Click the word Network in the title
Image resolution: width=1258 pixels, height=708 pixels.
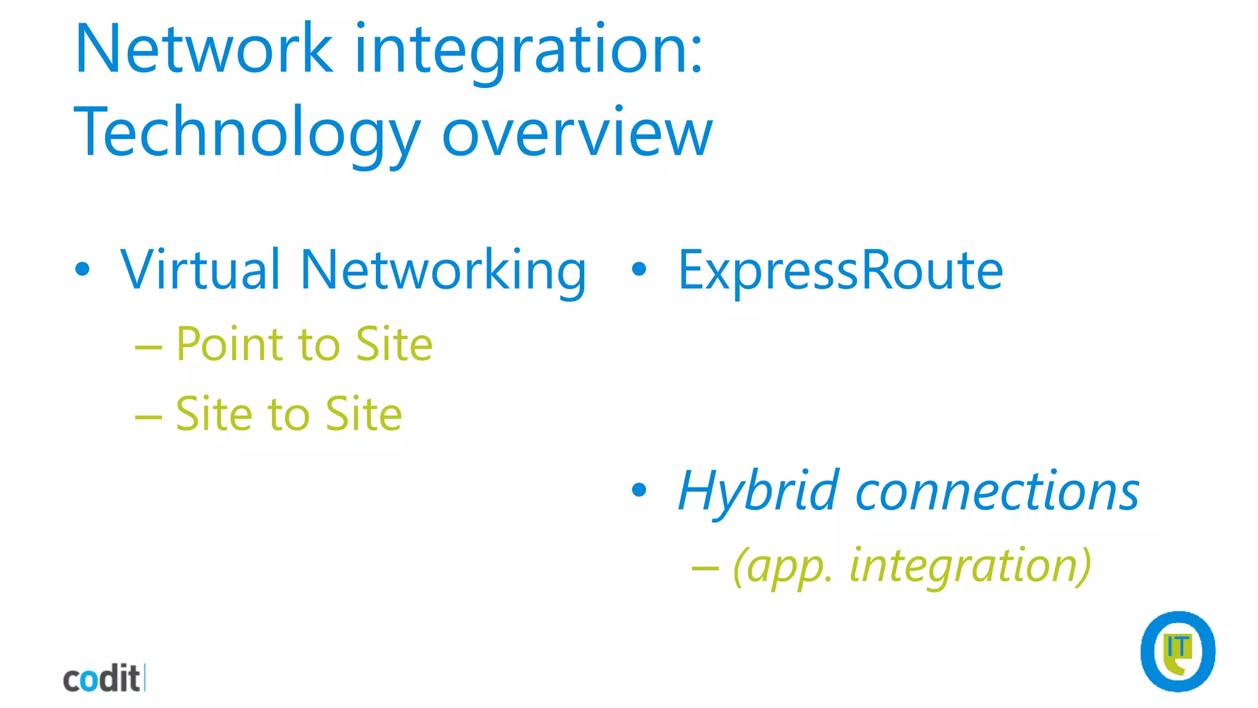tap(203, 49)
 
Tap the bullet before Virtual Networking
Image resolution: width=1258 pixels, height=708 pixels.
tap(82, 269)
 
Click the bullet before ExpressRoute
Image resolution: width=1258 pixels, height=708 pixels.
tap(639, 269)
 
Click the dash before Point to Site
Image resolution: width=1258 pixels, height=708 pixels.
tap(148, 348)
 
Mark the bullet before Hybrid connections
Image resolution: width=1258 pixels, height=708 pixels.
tap(639, 490)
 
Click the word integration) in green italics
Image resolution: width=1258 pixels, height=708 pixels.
tap(970, 566)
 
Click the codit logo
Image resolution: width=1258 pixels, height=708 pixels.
tap(103, 678)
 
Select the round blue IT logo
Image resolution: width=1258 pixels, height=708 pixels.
tap(1178, 651)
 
